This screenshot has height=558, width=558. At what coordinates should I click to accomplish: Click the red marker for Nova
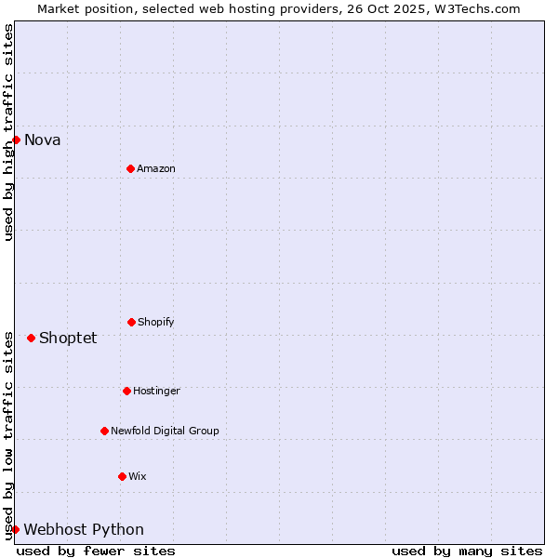click(16, 139)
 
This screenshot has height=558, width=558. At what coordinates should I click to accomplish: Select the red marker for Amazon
click(130, 168)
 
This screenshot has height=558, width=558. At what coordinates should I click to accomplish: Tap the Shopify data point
click(131, 322)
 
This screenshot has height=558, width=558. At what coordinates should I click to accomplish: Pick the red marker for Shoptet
click(31, 338)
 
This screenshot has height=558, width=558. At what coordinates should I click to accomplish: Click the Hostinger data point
click(126, 391)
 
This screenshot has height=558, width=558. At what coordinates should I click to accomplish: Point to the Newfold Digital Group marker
click(104, 431)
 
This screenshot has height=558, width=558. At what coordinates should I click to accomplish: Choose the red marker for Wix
click(122, 476)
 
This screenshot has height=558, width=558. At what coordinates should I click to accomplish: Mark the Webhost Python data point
click(15, 529)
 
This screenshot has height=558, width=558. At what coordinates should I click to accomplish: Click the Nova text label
click(43, 140)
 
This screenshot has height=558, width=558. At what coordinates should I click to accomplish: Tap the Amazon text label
click(156, 169)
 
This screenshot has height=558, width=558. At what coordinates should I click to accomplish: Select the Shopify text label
click(156, 323)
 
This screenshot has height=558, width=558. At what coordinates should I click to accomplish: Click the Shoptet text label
click(68, 339)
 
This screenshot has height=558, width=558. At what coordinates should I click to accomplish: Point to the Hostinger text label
click(156, 392)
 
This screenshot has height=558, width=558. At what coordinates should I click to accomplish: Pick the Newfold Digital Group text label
click(165, 432)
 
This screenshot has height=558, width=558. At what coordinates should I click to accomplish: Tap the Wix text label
click(138, 477)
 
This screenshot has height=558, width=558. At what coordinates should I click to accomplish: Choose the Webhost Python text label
click(84, 530)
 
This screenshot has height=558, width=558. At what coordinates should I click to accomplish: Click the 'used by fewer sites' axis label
click(96, 551)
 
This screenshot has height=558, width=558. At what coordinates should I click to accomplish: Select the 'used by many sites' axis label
click(467, 551)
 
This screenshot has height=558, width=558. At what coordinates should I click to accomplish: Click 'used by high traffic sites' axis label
click(8, 132)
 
